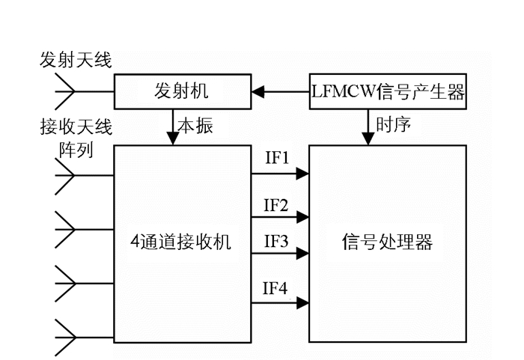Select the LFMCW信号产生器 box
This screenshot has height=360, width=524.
click(x=388, y=93)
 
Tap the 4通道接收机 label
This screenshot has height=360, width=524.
click(x=181, y=242)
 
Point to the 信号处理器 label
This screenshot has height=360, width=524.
click(x=387, y=242)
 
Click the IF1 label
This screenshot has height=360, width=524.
click(x=276, y=159)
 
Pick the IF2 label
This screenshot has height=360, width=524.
click(x=276, y=204)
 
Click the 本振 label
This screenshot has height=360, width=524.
click(x=196, y=126)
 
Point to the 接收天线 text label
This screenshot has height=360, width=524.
click(x=76, y=125)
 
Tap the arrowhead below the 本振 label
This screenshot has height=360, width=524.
click(x=173, y=138)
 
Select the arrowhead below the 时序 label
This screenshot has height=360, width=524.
click(x=368, y=138)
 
